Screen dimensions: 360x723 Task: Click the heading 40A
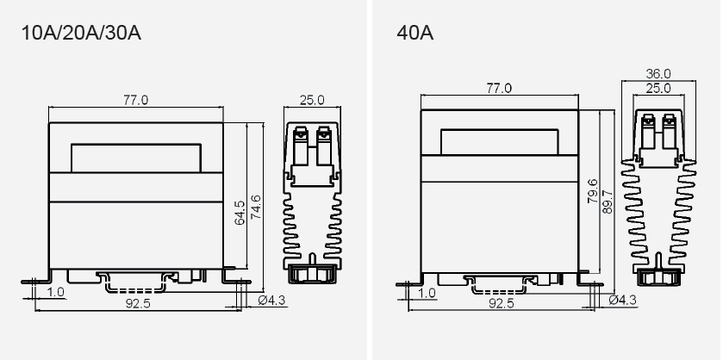pyautogui.click(x=414, y=35)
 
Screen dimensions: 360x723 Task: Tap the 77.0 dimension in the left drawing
pyautogui.click(x=135, y=101)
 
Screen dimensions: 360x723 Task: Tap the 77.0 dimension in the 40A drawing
pyautogui.click(x=499, y=89)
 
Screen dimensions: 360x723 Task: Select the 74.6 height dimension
pyautogui.click(x=255, y=208)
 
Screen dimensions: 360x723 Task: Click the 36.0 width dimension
pyautogui.click(x=658, y=74)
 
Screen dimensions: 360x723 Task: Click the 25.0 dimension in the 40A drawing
pyautogui.click(x=658, y=89)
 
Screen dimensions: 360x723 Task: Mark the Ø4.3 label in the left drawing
pyautogui.click(x=272, y=300)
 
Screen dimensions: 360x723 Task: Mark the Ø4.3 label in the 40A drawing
pyautogui.click(x=622, y=300)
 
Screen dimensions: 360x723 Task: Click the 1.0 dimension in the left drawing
pyautogui.click(x=56, y=293)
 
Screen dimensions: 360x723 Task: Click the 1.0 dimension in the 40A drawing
pyautogui.click(x=427, y=293)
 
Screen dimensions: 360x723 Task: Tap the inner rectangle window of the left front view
pyautogui.click(x=136, y=158)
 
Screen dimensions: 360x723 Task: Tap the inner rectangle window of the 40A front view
pyautogui.click(x=500, y=143)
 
